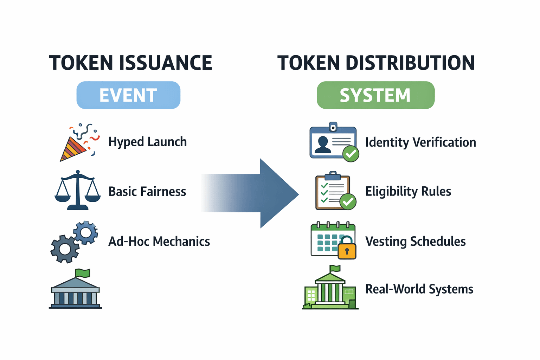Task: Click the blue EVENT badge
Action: pos(128,95)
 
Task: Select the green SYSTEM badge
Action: pos(375,95)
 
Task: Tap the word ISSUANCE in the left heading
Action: pos(166,63)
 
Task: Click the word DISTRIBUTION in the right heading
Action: pos(410,63)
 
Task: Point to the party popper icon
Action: pos(79,142)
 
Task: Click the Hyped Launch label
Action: pos(148,142)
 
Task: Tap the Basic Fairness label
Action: pos(147,192)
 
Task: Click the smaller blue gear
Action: pos(85,233)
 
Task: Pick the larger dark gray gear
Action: pos(65,249)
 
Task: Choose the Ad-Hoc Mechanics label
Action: pos(159,242)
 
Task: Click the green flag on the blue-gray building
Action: pos(83,273)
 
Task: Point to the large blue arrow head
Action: pos(279,193)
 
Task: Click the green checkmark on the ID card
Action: pos(351,154)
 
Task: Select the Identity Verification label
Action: pos(421,142)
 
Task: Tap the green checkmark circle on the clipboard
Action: pos(348,201)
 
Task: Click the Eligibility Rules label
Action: pos(408,192)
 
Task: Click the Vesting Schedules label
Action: pos(415,242)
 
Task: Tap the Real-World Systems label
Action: pos(419,289)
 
